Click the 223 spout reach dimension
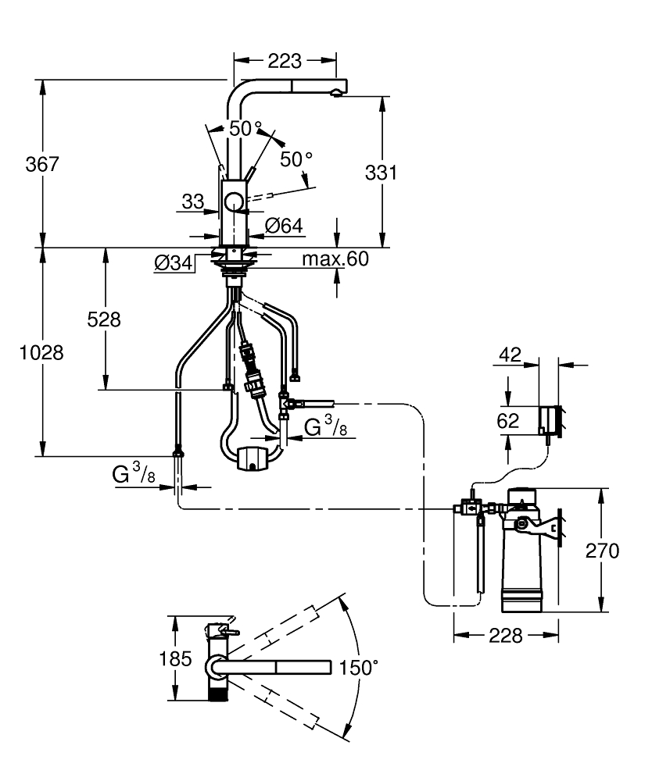point(285,60)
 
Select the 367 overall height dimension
point(41,164)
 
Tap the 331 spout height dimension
point(382,173)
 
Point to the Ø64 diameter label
point(283,226)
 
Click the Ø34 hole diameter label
point(174,264)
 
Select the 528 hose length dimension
point(103,319)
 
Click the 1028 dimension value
point(41,352)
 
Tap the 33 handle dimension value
point(192,202)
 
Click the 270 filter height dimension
point(602,551)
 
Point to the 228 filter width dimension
point(506,636)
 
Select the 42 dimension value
point(509,355)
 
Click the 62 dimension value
point(508,421)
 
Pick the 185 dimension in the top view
point(176,658)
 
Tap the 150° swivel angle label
point(358,668)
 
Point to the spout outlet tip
point(336,93)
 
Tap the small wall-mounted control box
point(549,420)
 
